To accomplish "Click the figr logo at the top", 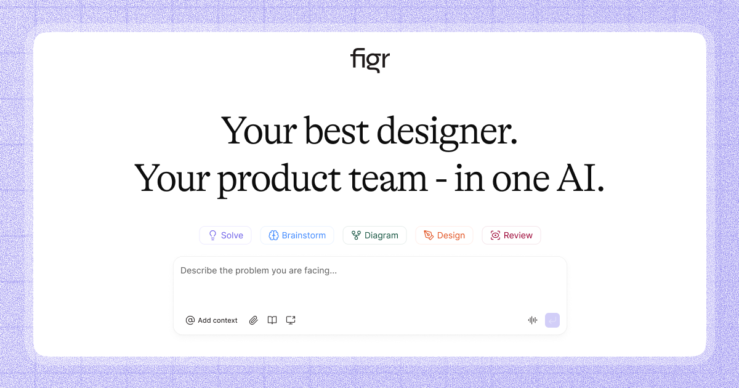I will click(370, 60).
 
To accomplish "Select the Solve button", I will click(225, 235).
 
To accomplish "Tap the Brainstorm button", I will click(297, 235).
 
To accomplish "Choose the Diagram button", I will click(374, 235).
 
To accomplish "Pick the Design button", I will click(444, 235).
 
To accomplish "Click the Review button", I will click(511, 235).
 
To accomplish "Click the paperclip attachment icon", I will click(253, 320).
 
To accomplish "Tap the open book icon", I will click(272, 320).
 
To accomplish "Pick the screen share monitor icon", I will click(291, 320).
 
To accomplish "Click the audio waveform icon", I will click(533, 320).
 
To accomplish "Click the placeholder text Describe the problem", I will click(259, 270).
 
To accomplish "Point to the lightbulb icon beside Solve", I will click(213, 235).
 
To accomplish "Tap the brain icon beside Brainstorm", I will click(274, 235).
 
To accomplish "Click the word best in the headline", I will click(336, 131).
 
